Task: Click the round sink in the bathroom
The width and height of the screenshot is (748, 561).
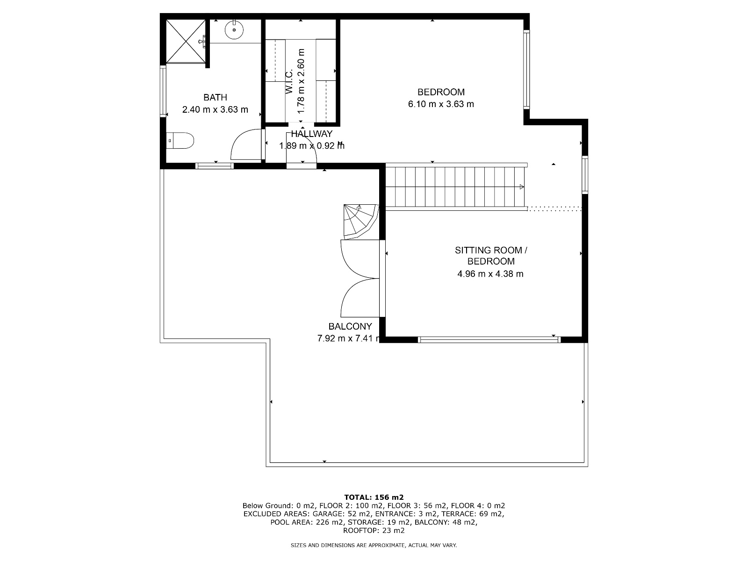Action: [x=234, y=29]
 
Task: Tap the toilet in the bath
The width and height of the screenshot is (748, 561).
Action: [x=180, y=141]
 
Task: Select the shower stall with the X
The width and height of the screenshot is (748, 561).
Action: [x=186, y=42]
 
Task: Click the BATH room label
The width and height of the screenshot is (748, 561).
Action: [x=215, y=97]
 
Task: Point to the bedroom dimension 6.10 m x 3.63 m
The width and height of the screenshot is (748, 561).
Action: [x=441, y=104]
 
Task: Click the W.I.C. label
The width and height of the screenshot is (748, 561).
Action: [x=289, y=81]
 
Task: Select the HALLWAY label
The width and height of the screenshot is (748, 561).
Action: [x=311, y=134]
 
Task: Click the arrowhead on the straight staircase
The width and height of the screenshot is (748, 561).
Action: [x=521, y=187]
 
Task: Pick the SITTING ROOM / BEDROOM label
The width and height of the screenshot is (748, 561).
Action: [x=491, y=256]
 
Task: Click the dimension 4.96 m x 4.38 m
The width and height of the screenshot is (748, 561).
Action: [x=490, y=274]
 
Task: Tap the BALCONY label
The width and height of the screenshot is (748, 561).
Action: [x=350, y=326]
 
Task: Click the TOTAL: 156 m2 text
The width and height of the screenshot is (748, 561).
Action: [x=374, y=497]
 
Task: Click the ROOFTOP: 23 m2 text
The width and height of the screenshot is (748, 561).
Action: [x=374, y=530]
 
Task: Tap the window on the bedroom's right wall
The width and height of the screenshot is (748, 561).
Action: [x=526, y=70]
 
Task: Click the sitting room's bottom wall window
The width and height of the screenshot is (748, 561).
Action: [x=489, y=339]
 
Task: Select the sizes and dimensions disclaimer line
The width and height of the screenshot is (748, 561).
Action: [x=374, y=545]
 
